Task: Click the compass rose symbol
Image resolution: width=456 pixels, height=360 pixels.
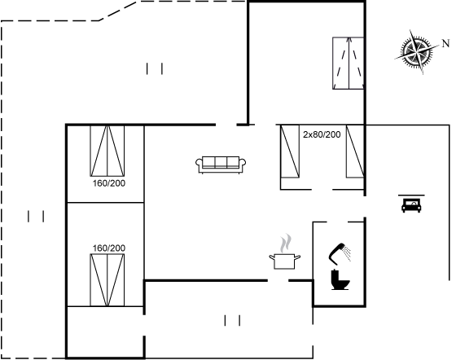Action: tap(416, 52)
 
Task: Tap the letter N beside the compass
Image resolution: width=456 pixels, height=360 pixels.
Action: tap(446, 44)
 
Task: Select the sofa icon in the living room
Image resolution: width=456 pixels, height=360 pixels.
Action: tap(221, 165)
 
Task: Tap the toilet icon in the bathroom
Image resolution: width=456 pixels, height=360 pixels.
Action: tap(340, 279)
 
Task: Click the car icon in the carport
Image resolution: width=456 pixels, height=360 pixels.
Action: tap(411, 205)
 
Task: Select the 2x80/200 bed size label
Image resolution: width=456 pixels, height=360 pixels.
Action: tap(322, 134)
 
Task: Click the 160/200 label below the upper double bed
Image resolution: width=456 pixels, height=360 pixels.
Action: tap(109, 183)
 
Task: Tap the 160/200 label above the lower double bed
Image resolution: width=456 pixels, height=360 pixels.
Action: tap(109, 248)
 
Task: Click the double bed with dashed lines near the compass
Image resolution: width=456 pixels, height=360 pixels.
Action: tap(349, 63)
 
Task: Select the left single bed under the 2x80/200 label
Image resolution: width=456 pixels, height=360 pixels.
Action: tap(290, 151)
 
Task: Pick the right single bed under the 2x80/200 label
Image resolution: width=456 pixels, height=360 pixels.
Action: tap(355, 151)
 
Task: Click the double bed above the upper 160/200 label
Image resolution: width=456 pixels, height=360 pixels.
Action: tap(107, 151)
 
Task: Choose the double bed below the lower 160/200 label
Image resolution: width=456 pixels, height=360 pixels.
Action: tap(107, 280)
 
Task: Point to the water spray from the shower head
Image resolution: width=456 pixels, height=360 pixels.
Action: tap(347, 253)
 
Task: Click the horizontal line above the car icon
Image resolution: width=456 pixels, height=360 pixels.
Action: tap(411, 195)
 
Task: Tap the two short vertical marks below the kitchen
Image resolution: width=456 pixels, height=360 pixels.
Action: tap(232, 320)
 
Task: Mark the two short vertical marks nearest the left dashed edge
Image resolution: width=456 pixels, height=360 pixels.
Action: tap(36, 217)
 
